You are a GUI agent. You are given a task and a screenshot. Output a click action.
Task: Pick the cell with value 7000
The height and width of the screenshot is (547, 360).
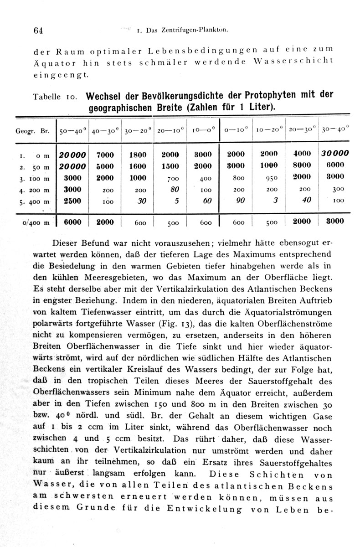coord(105,155)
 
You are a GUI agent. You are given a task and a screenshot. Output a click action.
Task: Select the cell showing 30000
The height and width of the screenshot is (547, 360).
coord(334,155)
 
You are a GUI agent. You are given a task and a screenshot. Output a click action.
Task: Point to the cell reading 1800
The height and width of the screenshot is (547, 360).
coord(138,155)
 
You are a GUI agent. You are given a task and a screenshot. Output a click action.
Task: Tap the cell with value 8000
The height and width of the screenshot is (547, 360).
coord(302,165)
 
